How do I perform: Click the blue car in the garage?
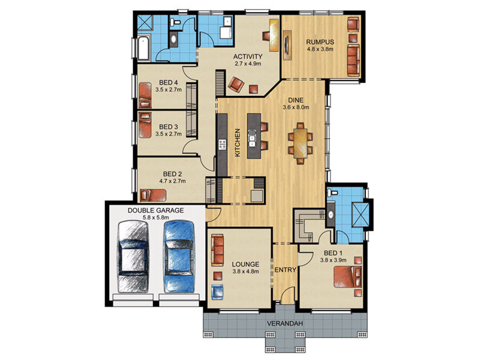(179, 257)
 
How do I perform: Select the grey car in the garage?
(133, 257)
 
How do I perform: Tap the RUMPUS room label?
(320, 42)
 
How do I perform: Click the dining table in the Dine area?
(301, 143)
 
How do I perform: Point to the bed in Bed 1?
(347, 277)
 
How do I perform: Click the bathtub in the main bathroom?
(143, 49)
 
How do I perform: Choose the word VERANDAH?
(284, 323)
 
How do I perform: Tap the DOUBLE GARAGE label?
(155, 211)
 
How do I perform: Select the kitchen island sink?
(252, 139)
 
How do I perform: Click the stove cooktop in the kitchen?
(222, 145)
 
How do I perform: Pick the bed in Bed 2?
(153, 196)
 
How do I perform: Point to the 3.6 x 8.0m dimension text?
(296, 107)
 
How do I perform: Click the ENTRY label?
(285, 270)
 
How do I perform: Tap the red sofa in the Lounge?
(217, 250)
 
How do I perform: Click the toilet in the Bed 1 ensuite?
(332, 193)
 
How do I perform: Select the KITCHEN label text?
(237, 143)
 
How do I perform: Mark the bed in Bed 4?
(145, 95)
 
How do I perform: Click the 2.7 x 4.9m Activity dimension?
(248, 64)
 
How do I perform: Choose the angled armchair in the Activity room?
(236, 84)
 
